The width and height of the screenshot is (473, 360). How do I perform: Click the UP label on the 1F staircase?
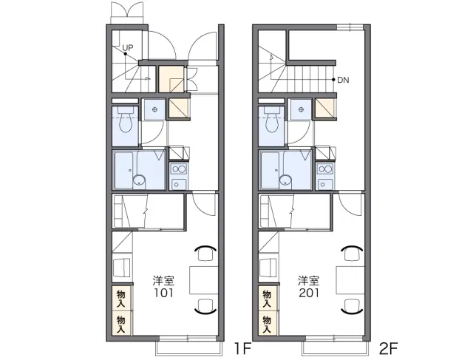[128, 47]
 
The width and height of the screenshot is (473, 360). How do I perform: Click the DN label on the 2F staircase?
[343, 80]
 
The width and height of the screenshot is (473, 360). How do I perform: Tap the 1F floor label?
[243, 349]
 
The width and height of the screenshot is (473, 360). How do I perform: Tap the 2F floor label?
[389, 349]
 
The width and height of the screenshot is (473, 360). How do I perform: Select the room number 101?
[164, 293]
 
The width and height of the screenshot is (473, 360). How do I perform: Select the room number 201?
[309, 293]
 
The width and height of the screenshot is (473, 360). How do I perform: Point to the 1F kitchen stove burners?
[178, 169]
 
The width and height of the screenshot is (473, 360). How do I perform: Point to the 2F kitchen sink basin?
[324, 184]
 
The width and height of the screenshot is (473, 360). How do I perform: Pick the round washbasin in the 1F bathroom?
[139, 180]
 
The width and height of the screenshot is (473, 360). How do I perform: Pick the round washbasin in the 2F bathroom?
[285, 180]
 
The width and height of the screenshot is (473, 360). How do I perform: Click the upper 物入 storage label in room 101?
[121, 299]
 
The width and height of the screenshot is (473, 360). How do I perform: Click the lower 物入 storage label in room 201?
[267, 324]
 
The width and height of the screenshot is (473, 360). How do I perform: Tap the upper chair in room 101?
[205, 253]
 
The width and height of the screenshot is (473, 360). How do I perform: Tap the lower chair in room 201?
[352, 307]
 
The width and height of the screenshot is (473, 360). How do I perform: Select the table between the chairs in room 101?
[204, 280]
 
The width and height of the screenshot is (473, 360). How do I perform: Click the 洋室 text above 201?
[309, 281]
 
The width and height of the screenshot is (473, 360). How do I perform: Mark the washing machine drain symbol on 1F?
[154, 109]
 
